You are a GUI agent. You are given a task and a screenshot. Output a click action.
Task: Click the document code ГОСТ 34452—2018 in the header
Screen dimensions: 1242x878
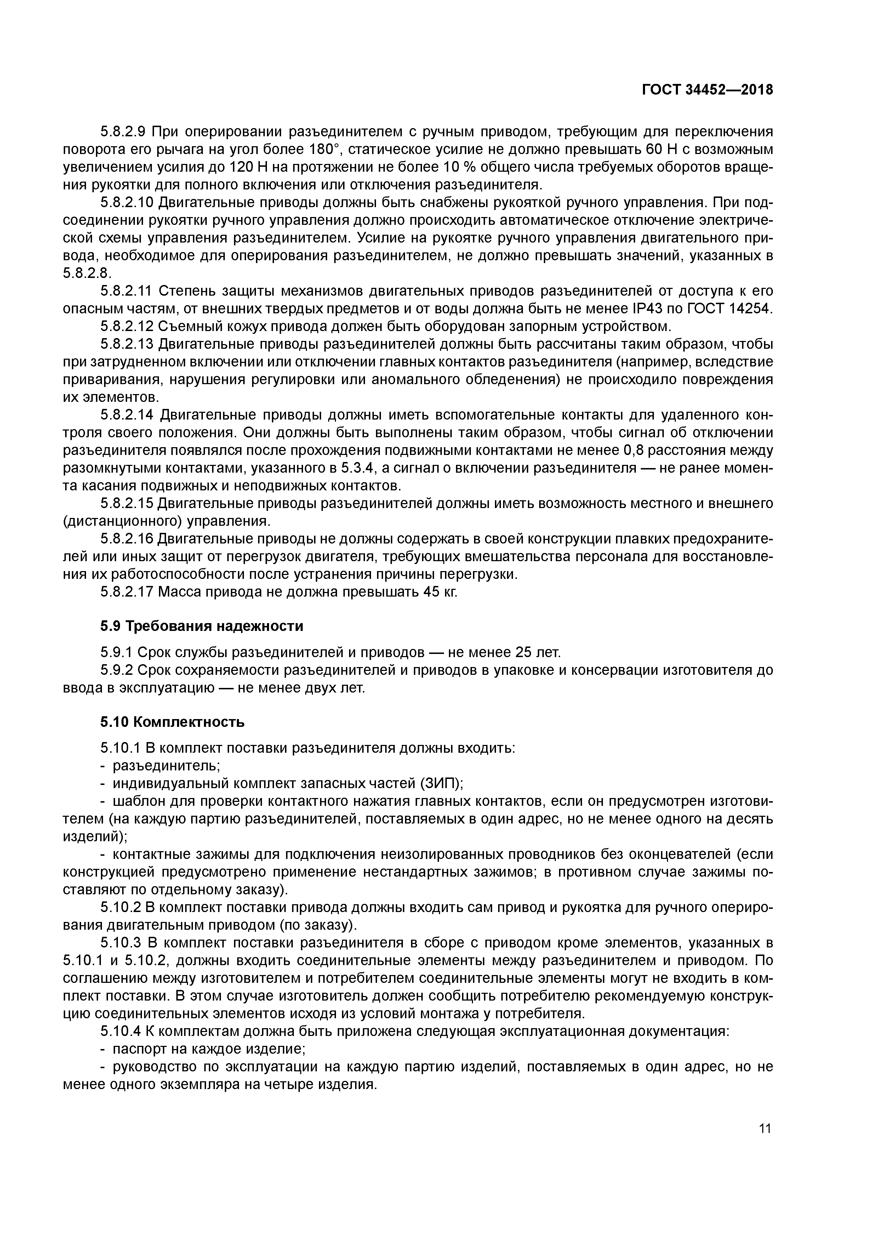708,90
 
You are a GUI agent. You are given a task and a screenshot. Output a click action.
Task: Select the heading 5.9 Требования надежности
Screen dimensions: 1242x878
201,626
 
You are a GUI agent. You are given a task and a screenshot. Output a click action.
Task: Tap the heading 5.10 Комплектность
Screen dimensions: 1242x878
172,722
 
